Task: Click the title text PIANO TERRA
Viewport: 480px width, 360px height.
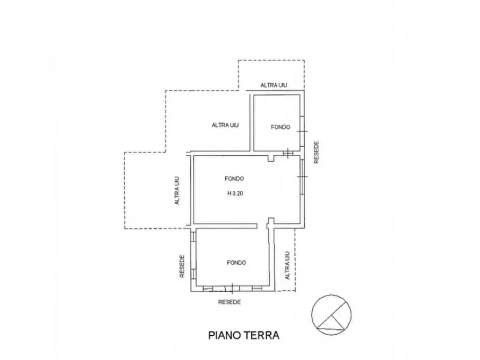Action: tap(243, 335)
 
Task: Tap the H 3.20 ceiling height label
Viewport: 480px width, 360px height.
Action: tap(235, 194)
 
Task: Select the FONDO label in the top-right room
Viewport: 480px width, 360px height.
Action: tap(281, 127)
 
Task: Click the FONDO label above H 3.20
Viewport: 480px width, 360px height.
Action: tap(235, 178)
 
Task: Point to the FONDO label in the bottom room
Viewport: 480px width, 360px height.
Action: tap(237, 263)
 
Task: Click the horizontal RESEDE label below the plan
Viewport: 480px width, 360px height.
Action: tap(230, 302)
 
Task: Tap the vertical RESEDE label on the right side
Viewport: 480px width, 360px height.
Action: tap(317, 152)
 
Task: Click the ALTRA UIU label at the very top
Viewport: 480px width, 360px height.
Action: tap(274, 85)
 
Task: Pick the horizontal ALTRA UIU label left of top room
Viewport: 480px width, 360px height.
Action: tap(225, 125)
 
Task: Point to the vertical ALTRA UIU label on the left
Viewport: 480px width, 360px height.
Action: tap(176, 191)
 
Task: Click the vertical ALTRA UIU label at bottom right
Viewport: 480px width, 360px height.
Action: tap(288, 265)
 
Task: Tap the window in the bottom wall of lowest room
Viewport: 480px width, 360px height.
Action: tap(232, 289)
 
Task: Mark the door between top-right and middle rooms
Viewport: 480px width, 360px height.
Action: tap(289, 153)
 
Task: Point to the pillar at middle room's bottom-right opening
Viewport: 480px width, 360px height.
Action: tap(271, 221)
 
